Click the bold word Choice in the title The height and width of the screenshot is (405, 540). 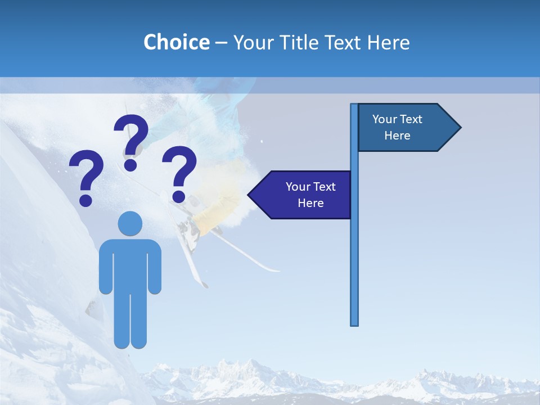coord(176,42)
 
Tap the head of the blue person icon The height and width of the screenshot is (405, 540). coord(130,223)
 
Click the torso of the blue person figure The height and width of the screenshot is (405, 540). coord(130,264)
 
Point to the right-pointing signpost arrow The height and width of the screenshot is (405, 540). coord(405,128)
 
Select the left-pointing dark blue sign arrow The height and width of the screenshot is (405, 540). coord(304,195)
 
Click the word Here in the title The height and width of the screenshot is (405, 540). coord(388,42)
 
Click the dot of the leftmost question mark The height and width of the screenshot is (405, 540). coord(86,200)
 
